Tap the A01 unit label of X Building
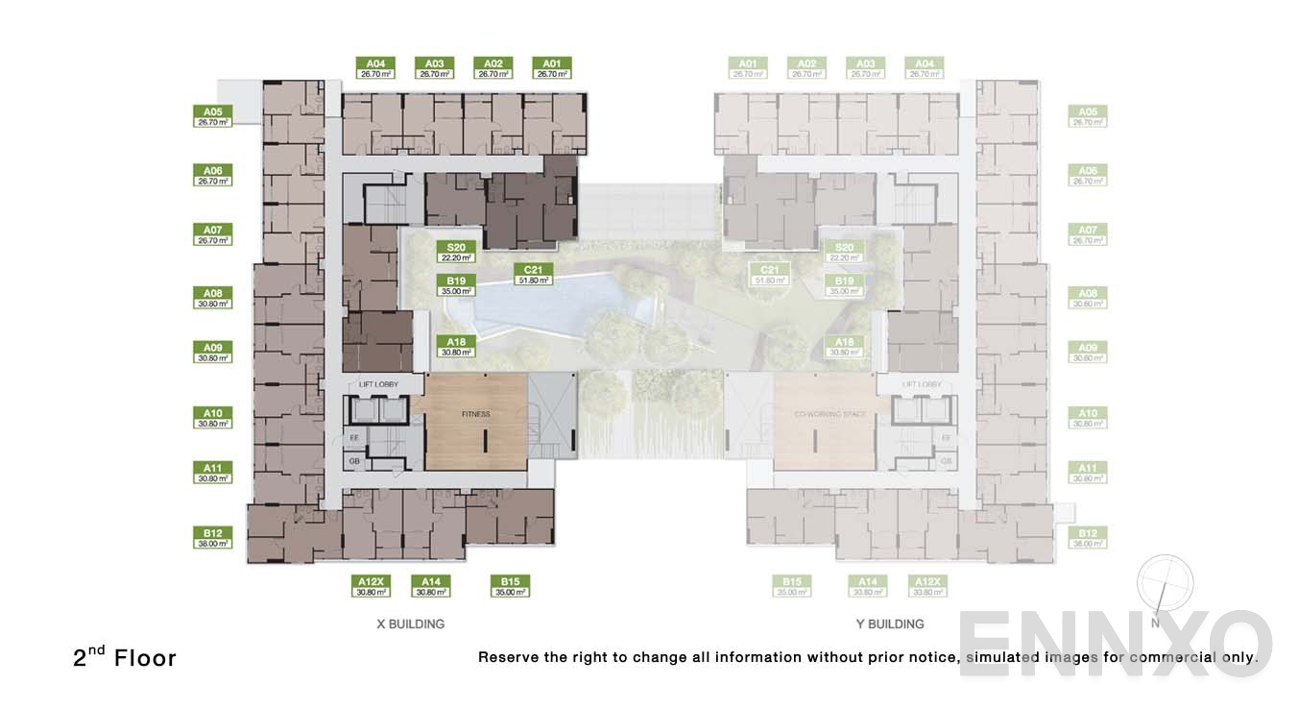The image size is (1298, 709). (552, 67)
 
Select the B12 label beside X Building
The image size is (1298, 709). (212, 537)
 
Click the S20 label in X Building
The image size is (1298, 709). (456, 252)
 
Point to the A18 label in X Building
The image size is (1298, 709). (456, 346)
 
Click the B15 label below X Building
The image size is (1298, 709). (510, 586)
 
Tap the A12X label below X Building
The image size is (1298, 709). (371, 586)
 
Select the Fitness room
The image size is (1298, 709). (475, 421)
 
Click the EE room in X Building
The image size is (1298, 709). (354, 438)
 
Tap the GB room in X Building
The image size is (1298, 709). (354, 461)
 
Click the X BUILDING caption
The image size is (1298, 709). (410, 624)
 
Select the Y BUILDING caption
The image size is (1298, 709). (890, 624)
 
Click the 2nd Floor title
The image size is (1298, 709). (125, 657)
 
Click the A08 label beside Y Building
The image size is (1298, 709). (1088, 298)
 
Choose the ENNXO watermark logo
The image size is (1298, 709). (1114, 644)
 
